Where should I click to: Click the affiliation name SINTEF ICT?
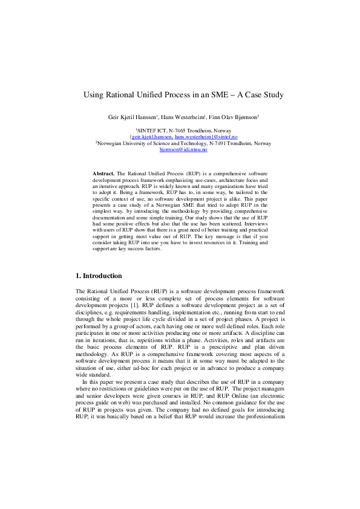tap(151, 131)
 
